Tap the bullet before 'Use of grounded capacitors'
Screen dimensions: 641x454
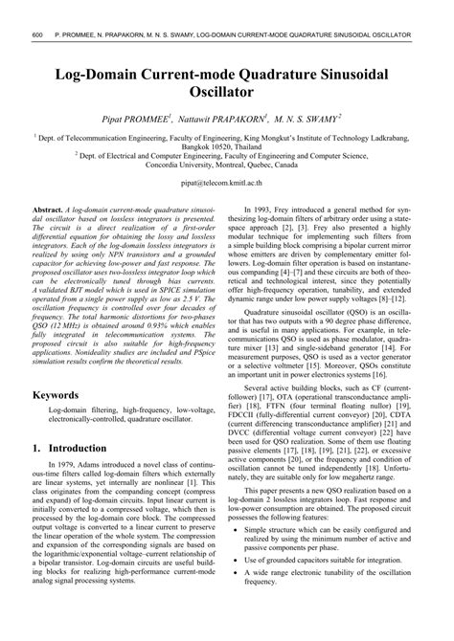pyautogui.click(x=248, y=586)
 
